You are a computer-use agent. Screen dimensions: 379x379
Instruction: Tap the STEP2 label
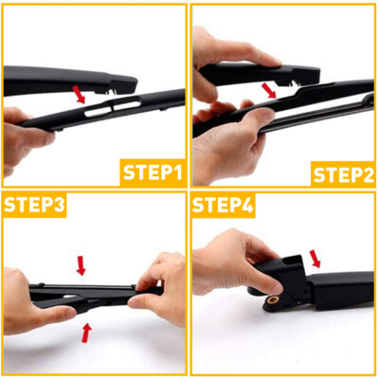coord(344,172)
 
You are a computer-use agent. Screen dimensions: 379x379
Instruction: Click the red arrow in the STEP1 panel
coord(81,94)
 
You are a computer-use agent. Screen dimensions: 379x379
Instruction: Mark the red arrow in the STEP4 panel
coord(315,257)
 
